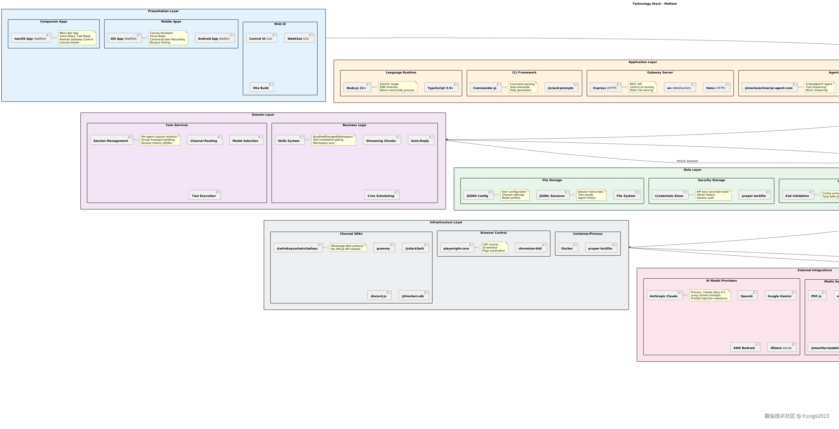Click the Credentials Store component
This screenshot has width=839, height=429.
(x=669, y=195)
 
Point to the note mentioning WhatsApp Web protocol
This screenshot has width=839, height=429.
(x=348, y=248)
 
